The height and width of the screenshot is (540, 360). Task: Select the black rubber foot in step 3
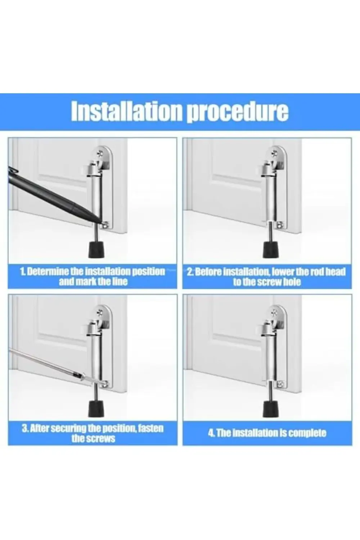pyautogui.click(x=96, y=407)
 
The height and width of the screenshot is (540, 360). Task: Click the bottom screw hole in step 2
pyautogui.click(x=280, y=225)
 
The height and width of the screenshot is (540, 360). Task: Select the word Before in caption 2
pyautogui.click(x=208, y=271)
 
